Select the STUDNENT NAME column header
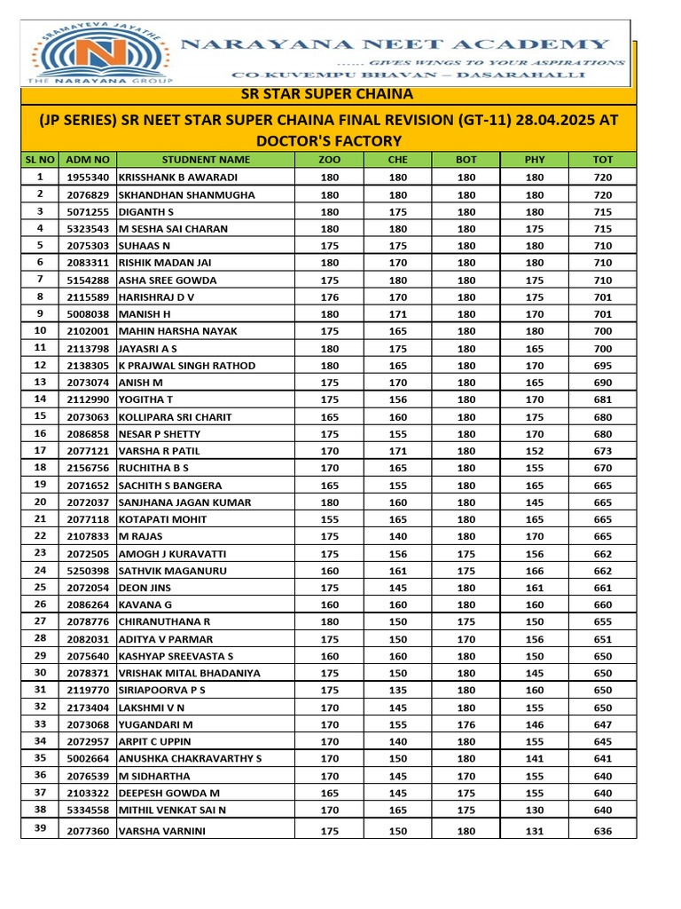pyautogui.click(x=206, y=160)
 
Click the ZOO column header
pyautogui.click(x=329, y=160)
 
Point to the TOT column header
pyautogui.click(x=603, y=160)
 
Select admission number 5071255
pyautogui.click(x=88, y=211)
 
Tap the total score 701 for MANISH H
pyautogui.click(x=603, y=314)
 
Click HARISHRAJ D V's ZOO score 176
pyautogui.click(x=329, y=297)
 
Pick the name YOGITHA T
pyautogui.click(x=147, y=400)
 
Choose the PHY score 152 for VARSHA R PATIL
pyautogui.click(x=535, y=451)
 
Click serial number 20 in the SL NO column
pyautogui.click(x=40, y=502)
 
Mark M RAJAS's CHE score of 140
pyautogui.click(x=397, y=536)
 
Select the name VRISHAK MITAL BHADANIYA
pyautogui.click(x=190, y=674)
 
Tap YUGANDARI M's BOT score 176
pyautogui.click(x=466, y=725)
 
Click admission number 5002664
pyautogui.click(x=88, y=759)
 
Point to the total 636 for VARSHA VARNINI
pyautogui.click(x=603, y=832)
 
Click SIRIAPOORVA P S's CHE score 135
pyautogui.click(x=397, y=691)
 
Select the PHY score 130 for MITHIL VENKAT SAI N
pyautogui.click(x=535, y=810)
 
